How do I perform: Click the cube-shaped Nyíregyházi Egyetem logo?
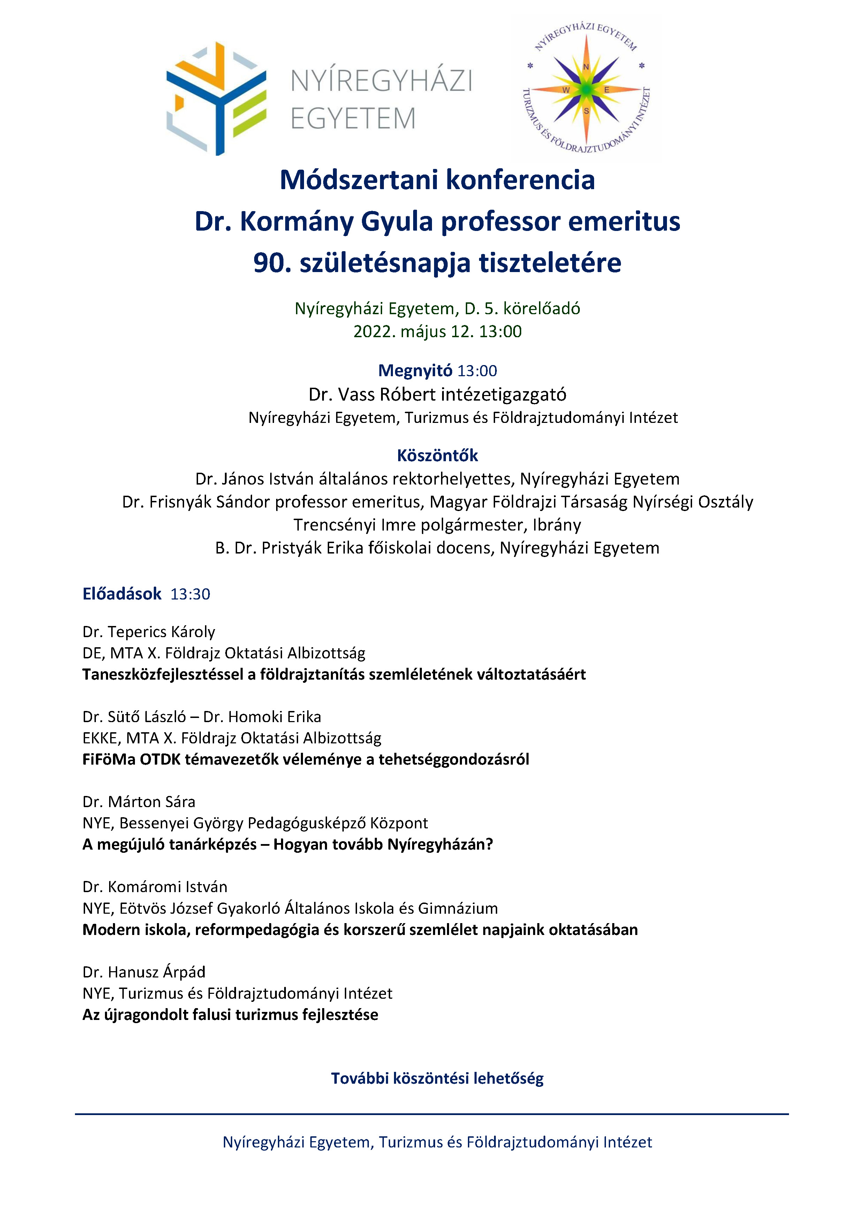[x=216, y=99]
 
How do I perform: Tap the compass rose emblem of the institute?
[x=586, y=90]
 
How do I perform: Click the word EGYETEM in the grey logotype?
[x=352, y=118]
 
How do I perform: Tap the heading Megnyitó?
[x=415, y=370]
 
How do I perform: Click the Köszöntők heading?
[x=437, y=456]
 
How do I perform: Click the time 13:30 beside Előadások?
[x=190, y=594]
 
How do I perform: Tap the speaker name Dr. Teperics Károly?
[x=149, y=632]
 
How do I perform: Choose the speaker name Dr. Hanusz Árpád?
[x=144, y=972]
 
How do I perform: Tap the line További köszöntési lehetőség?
[x=437, y=1078]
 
